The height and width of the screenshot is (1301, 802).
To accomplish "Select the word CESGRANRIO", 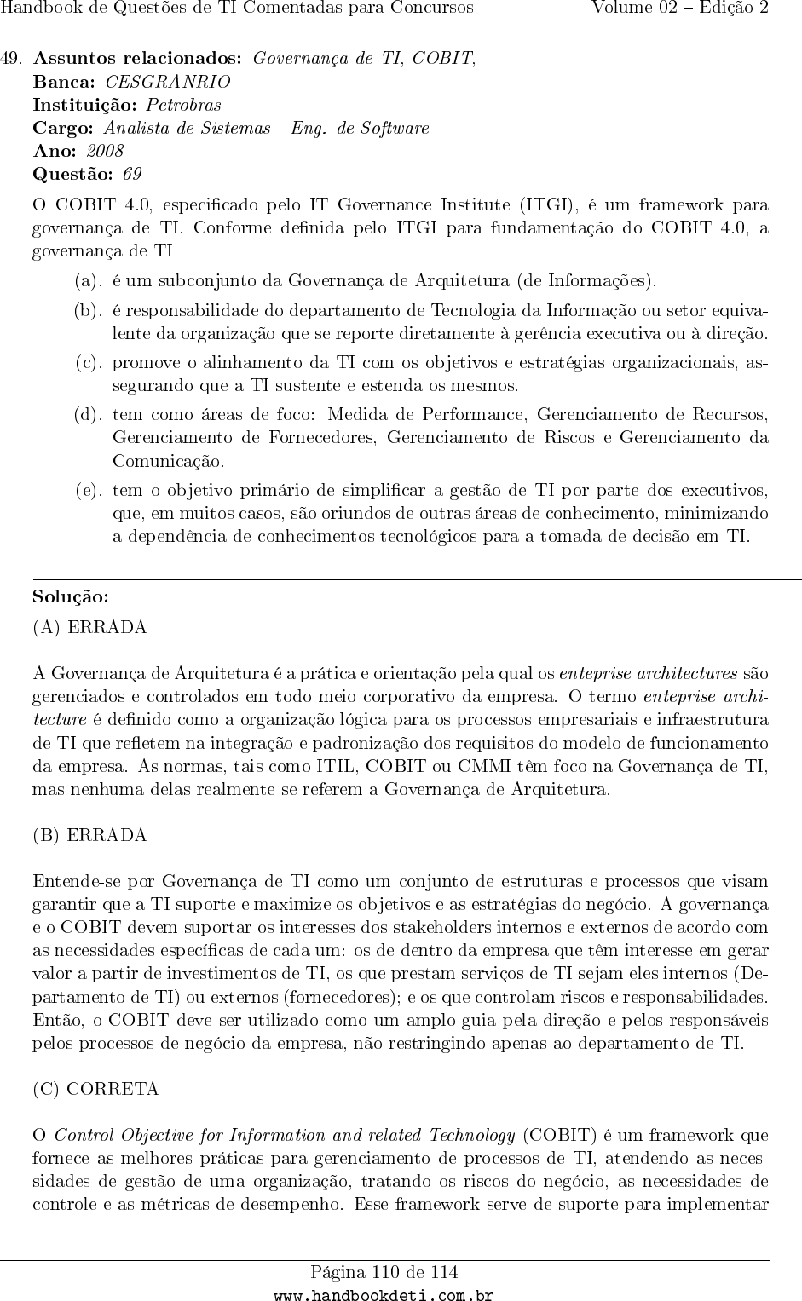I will point(167,82).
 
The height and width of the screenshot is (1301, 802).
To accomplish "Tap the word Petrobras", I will point(183,105).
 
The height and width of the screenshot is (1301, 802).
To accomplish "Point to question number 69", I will point(132,174).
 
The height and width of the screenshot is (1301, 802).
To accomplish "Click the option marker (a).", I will point(89,279).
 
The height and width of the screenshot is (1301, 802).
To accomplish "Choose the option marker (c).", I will point(89,362).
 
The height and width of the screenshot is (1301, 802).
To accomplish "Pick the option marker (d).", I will point(89,415).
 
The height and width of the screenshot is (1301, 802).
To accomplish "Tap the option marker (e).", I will point(89,490).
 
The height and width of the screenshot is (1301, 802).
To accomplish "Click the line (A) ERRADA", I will point(89,627).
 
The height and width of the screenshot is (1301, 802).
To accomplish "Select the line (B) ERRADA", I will point(89,835).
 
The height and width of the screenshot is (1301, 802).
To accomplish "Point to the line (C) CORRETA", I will point(95,1089).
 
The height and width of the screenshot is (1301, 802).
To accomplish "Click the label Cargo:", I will point(63,128).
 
